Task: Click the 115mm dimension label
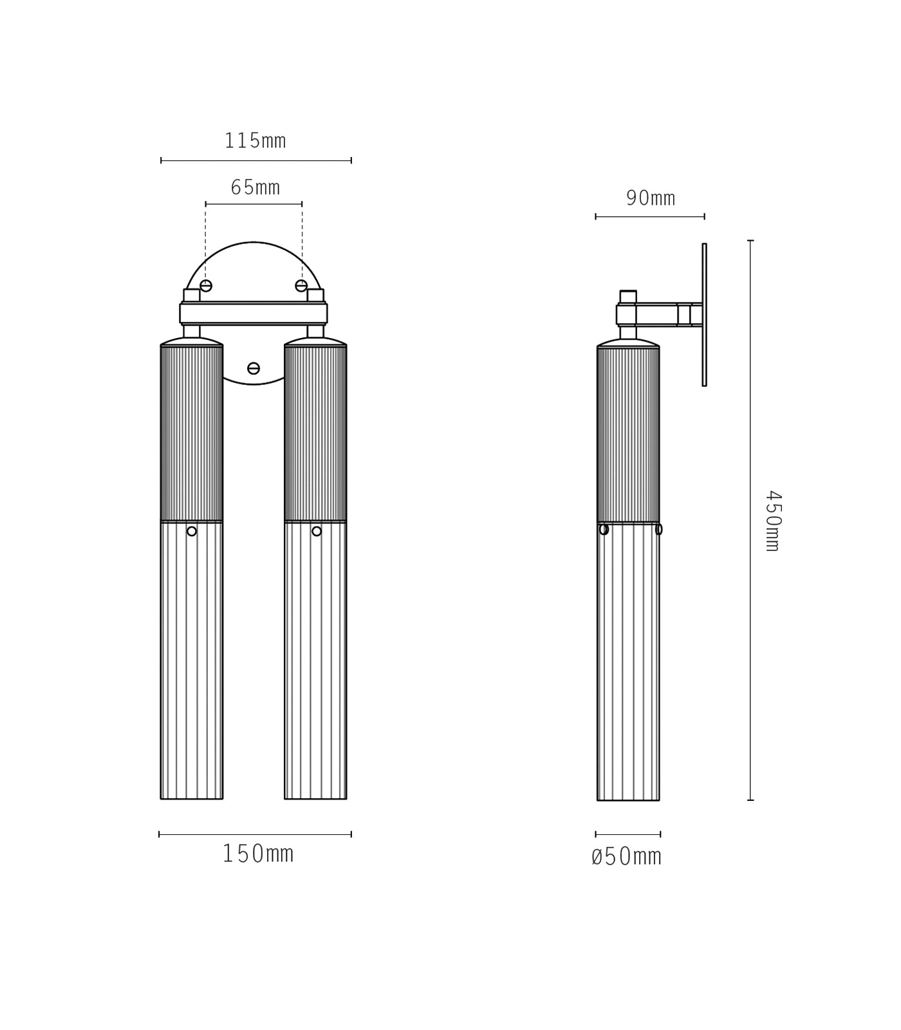255,141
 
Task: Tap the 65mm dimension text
255,187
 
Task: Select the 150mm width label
258,854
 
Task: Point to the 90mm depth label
651,198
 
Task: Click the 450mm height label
773,521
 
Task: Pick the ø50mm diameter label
626,856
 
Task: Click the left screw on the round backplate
206,286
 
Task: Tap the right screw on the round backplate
301,286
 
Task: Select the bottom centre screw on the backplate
254,368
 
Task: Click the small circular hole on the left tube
192,531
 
